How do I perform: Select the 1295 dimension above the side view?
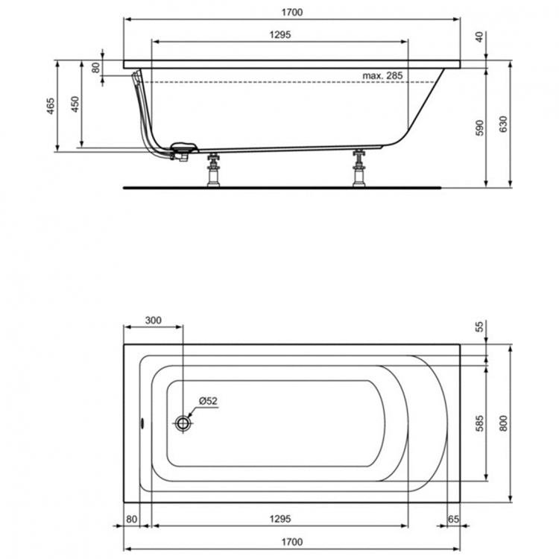280,35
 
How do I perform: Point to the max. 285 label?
382,76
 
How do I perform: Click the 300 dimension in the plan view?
152,320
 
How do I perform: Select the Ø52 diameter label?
208,401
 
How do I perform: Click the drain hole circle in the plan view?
183,423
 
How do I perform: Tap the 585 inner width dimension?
480,423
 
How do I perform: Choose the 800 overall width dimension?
504,423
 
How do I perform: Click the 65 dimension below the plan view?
453,518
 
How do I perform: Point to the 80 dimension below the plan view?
132,518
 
